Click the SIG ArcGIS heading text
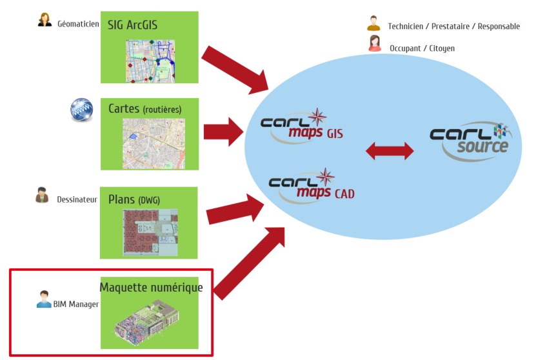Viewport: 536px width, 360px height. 133,25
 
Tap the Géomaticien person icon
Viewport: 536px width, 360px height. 45,20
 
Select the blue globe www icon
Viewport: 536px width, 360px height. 82,110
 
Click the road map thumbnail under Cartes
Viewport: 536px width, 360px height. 154,144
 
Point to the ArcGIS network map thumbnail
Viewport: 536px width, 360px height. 150,61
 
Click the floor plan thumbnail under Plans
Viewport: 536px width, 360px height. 150,232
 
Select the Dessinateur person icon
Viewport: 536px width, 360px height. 42,195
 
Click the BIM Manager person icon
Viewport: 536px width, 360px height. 44,299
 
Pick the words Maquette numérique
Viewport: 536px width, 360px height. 151,288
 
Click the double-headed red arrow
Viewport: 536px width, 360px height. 390,151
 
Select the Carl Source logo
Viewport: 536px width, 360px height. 471,141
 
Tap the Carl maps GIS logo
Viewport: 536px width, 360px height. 301,126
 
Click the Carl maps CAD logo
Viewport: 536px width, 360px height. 312,186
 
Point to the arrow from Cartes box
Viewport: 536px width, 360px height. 224,132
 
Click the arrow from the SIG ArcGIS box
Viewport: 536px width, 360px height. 235,70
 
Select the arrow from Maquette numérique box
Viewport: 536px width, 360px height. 250,263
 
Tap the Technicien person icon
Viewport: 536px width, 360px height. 373,23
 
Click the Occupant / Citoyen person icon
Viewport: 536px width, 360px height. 375,43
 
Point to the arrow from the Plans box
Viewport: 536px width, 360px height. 235,209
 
